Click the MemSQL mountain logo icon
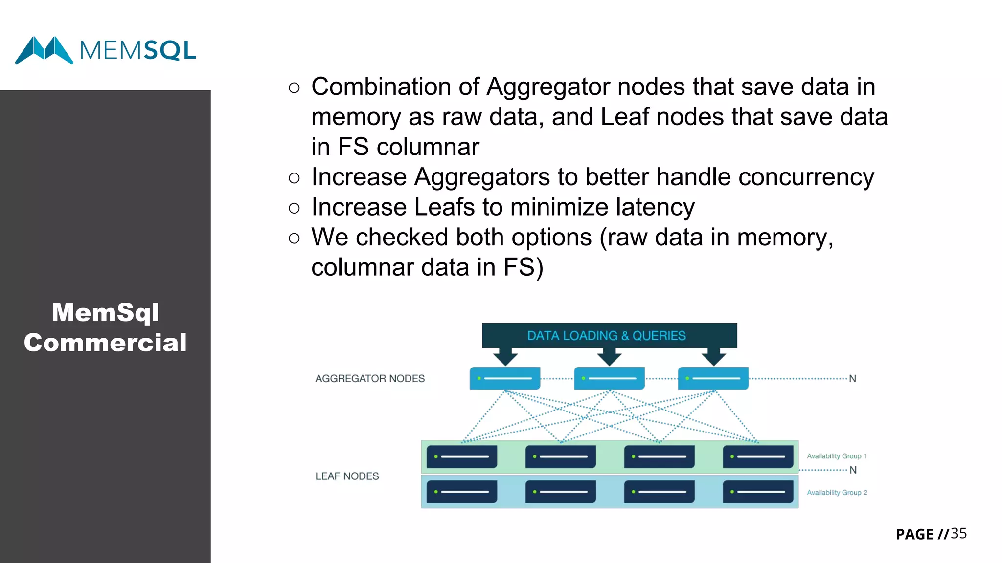[x=44, y=50]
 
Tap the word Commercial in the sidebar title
[x=105, y=343]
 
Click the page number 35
[x=958, y=533]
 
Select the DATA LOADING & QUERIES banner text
[x=607, y=336]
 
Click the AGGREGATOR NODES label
[x=370, y=379]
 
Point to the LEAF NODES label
[x=347, y=476]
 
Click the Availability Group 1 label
[x=837, y=456]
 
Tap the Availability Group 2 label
[x=837, y=493]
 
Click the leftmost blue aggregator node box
[x=504, y=378]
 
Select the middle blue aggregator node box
[x=609, y=378]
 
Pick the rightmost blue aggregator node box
[x=713, y=378]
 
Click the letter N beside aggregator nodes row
[x=852, y=379]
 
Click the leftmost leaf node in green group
[x=461, y=456]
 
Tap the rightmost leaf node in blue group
[x=758, y=492]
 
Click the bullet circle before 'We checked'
[x=294, y=238]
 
